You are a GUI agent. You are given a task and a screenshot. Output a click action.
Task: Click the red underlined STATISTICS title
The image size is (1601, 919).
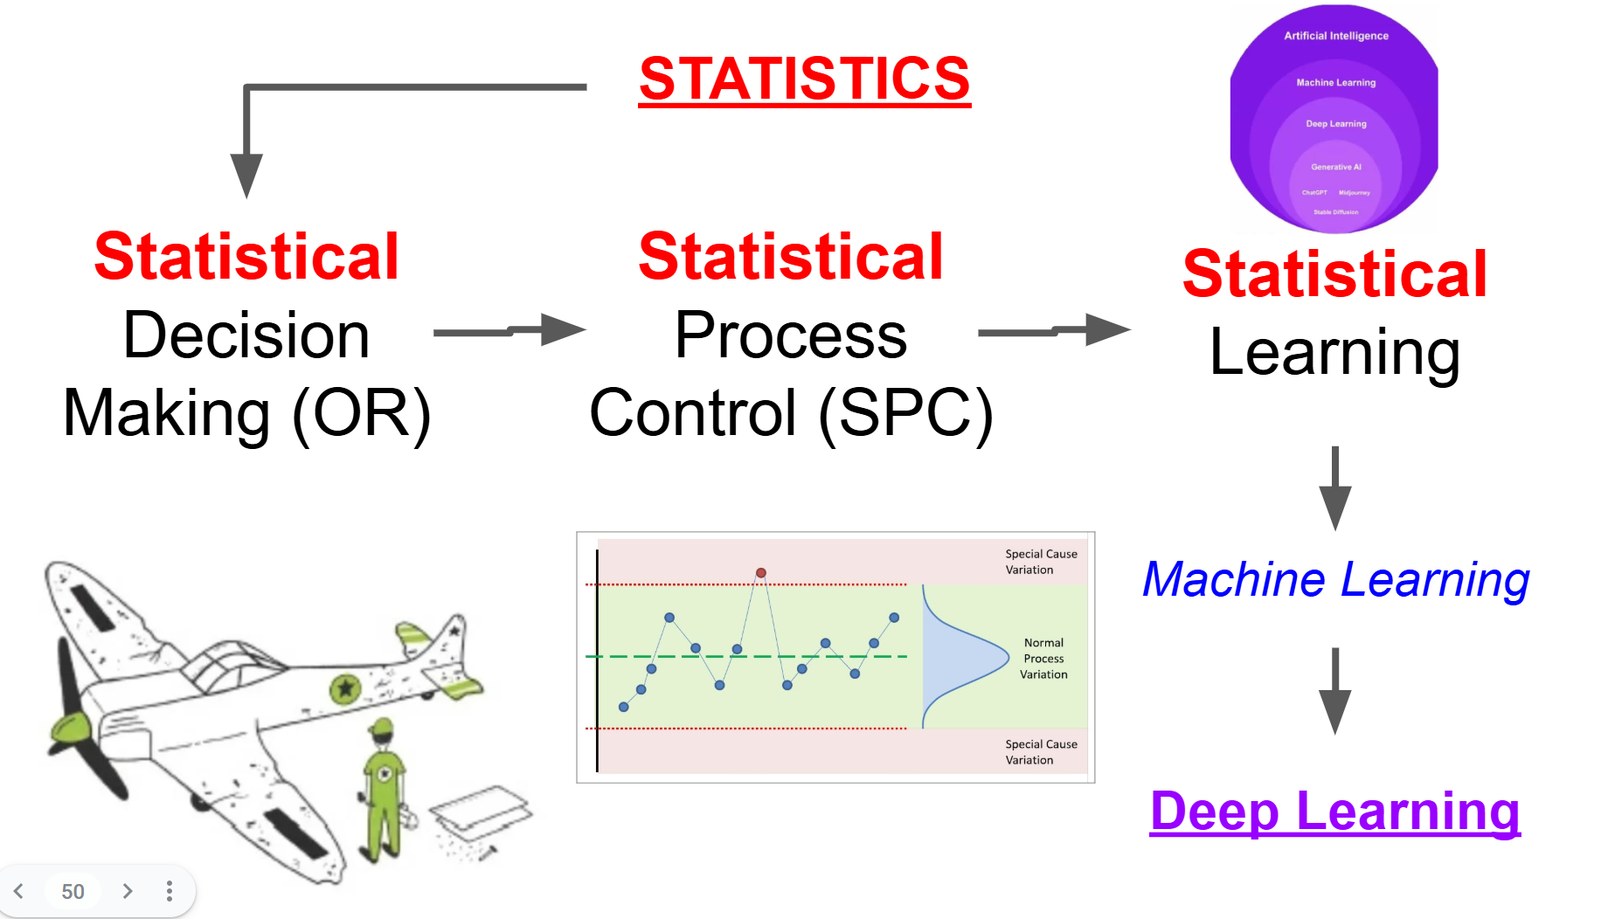(804, 79)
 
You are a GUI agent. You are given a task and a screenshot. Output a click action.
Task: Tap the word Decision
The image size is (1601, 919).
(246, 335)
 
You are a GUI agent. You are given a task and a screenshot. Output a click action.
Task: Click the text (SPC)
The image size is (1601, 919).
(905, 414)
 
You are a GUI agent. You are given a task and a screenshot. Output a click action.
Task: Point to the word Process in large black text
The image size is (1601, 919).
(791, 335)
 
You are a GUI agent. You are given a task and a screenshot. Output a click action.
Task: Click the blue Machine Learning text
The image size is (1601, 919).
(1335, 580)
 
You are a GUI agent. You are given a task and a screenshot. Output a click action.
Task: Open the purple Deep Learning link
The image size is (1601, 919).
(1334, 811)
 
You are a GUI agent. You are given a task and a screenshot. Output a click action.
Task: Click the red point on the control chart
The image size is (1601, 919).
(761, 573)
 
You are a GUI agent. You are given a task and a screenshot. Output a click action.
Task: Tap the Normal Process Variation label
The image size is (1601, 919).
(1043, 659)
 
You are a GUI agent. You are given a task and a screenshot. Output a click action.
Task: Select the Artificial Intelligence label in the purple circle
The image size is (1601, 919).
(1335, 36)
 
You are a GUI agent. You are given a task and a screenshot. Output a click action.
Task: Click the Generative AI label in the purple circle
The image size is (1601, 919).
(1335, 167)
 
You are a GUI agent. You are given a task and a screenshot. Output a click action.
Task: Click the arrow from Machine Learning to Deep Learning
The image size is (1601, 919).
(1334, 690)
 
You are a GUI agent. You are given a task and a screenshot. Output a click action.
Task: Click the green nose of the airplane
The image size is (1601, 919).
(70, 730)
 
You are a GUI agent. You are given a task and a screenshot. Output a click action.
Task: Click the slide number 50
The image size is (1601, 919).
(73, 891)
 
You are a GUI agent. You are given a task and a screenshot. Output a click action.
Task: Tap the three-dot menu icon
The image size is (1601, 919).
(170, 891)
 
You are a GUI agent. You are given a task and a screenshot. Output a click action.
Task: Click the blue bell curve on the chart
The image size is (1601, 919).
(961, 657)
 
